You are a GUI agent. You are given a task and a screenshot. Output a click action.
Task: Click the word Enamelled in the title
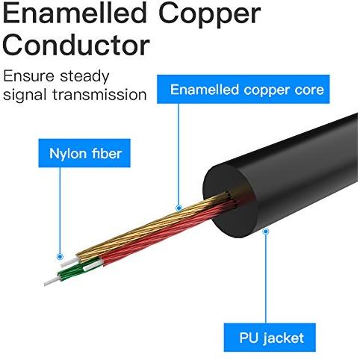(x=75, y=13)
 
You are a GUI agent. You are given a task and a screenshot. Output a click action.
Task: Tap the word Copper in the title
(x=210, y=15)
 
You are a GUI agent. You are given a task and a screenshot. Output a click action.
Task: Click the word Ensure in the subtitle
(x=28, y=76)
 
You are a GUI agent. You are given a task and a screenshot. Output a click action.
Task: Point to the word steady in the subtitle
(x=84, y=77)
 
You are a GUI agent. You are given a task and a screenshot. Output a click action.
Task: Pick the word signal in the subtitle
(x=25, y=96)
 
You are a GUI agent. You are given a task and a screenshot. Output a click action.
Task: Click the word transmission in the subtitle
(x=99, y=95)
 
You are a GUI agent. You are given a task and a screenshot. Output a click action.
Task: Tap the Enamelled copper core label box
(x=243, y=89)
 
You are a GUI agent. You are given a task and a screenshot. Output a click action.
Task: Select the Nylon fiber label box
(x=84, y=153)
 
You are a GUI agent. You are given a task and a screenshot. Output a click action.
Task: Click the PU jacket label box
(x=270, y=338)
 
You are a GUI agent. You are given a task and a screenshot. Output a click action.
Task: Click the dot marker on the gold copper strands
(x=179, y=208)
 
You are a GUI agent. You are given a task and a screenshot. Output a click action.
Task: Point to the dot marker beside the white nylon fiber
(x=60, y=256)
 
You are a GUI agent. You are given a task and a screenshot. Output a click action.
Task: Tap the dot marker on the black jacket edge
(x=266, y=232)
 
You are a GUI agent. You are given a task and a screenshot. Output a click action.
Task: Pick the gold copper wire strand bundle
(x=149, y=226)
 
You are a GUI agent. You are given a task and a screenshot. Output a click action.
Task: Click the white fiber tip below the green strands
(x=52, y=282)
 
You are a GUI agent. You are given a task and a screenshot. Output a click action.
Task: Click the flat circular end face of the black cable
(x=230, y=200)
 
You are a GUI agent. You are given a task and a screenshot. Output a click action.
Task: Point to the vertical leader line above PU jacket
(x=266, y=279)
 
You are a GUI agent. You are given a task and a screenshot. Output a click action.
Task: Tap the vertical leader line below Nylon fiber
(x=60, y=211)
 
